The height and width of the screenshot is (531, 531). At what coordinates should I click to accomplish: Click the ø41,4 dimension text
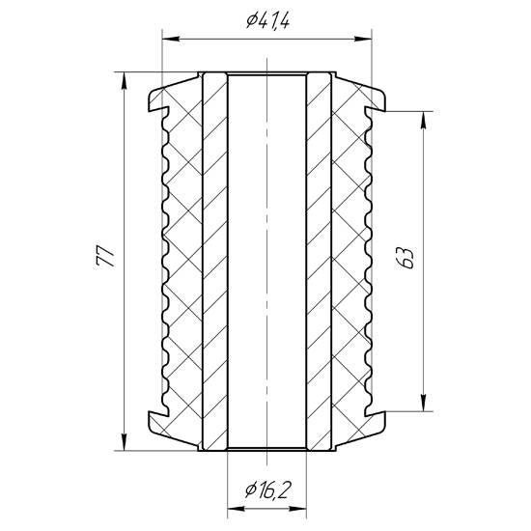point(267,21)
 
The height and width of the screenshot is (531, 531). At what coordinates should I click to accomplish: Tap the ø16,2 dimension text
point(267,490)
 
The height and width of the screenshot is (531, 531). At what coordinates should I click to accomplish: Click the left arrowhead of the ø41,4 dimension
point(171,40)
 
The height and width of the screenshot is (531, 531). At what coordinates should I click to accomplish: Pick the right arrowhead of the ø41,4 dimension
point(363,40)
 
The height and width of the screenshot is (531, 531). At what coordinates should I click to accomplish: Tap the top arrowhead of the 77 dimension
point(125,80)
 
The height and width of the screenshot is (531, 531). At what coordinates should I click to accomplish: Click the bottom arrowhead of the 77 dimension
point(125,441)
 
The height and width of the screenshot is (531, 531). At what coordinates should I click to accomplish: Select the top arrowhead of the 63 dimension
point(423,120)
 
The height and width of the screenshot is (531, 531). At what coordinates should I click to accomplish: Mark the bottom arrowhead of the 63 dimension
point(423,403)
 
